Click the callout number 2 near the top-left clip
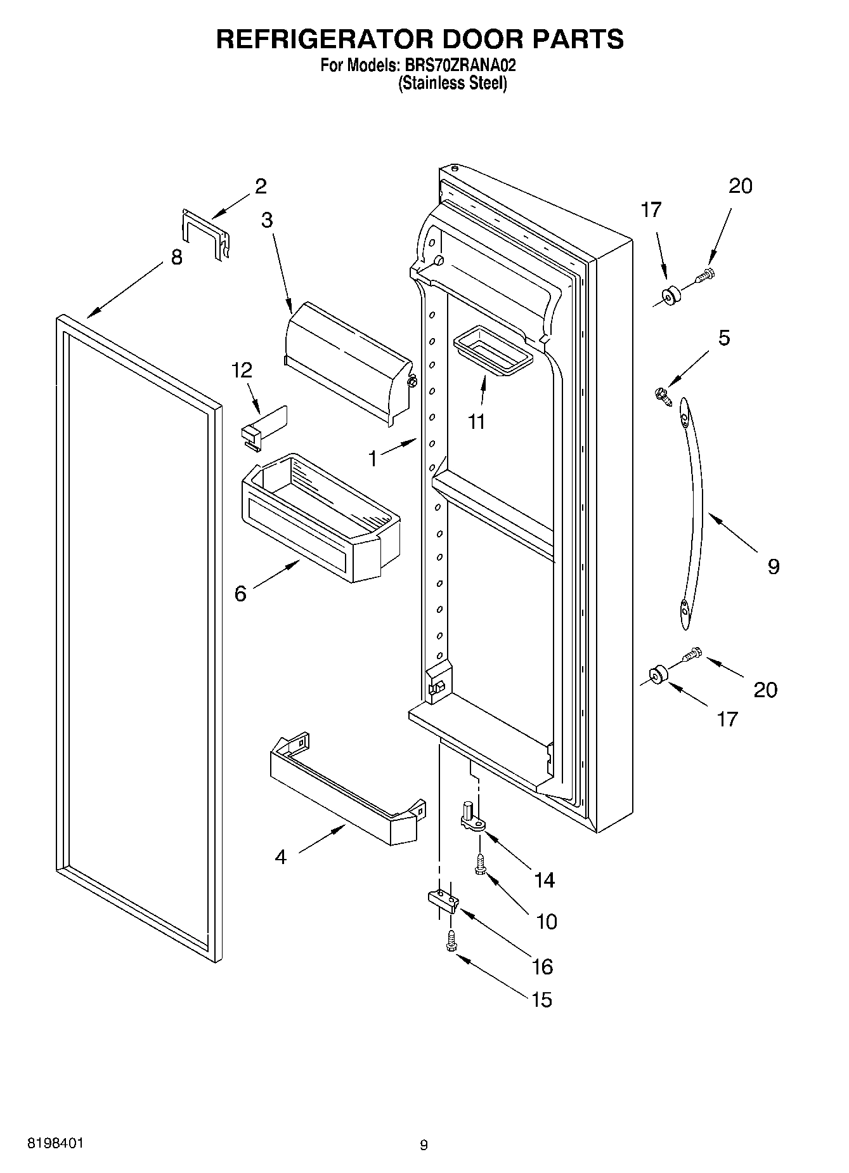[261, 187]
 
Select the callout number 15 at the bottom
[541, 1000]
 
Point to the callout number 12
[242, 370]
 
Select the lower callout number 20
[765, 690]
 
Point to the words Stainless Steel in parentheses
[452, 84]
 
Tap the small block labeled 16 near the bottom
[442, 901]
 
